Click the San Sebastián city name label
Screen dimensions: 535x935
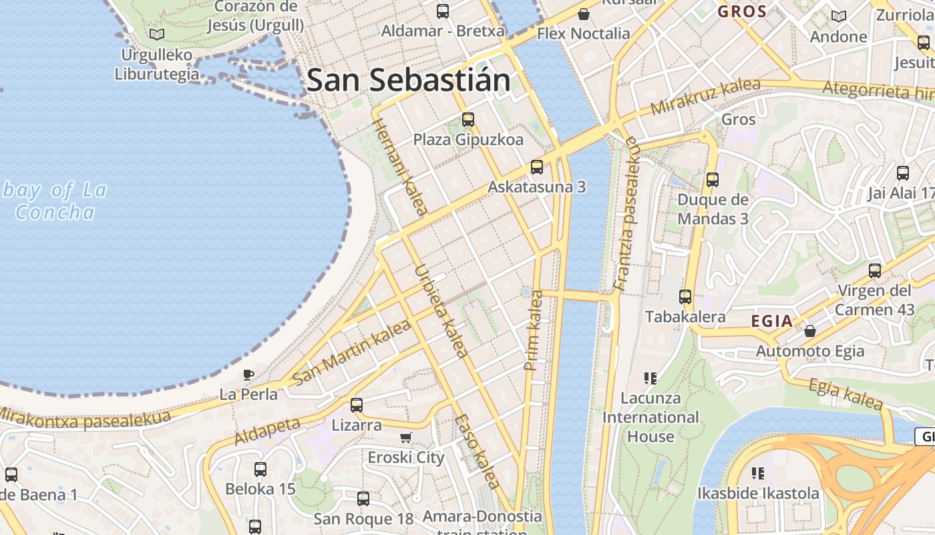408,80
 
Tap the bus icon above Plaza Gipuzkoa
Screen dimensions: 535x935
468,120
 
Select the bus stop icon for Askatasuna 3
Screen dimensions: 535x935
537,167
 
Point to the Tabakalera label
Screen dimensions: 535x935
685,316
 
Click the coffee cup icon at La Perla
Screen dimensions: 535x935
248,374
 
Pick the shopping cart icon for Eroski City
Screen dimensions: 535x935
405,438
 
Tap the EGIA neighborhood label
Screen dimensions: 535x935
772,321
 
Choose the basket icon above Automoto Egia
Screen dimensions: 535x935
810,331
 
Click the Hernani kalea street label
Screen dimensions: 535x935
399,167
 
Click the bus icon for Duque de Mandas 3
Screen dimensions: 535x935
713,180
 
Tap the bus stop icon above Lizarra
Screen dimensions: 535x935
357,405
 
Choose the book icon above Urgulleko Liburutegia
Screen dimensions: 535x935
157,34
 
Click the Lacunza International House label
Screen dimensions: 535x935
650,417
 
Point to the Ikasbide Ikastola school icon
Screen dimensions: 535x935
758,473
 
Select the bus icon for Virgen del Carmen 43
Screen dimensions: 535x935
875,271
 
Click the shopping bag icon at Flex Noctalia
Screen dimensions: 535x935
584,14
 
